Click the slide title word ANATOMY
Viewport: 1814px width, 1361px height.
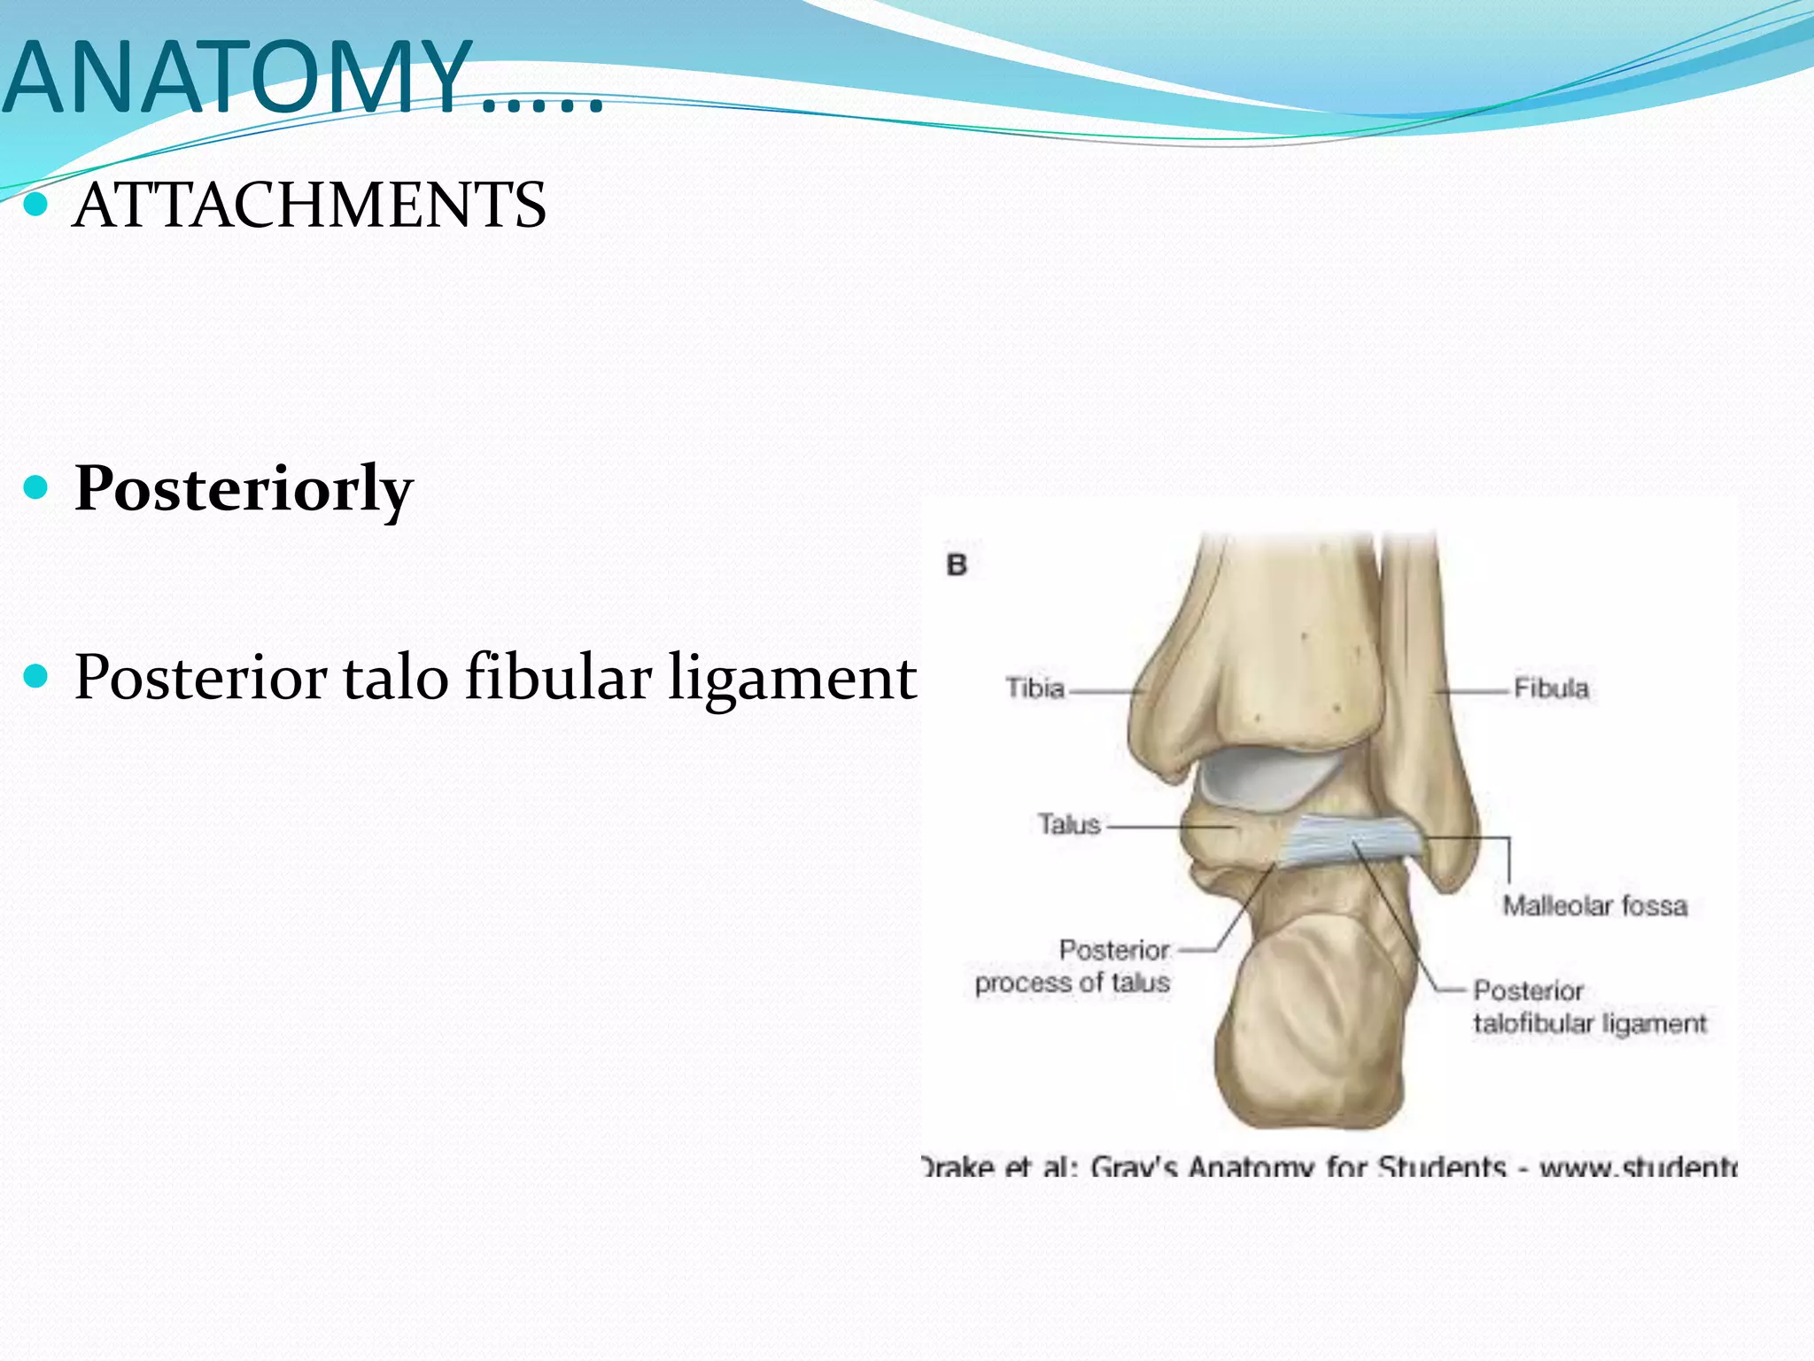(237, 78)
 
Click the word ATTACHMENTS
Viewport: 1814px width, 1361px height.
(309, 206)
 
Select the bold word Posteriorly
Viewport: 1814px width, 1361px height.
(244, 489)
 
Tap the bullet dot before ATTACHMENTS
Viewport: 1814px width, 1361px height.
(36, 206)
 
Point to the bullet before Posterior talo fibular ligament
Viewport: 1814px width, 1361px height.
(36, 678)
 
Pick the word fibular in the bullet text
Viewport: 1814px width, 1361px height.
(558, 678)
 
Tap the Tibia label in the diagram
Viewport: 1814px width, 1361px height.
(1035, 688)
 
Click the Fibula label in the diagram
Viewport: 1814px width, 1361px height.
(1551, 688)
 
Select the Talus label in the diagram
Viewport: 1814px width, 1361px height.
(1069, 825)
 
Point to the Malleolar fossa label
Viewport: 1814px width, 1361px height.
(1594, 906)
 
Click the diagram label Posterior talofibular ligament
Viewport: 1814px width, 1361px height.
(1589, 1007)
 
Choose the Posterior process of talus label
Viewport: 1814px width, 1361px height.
(1073, 967)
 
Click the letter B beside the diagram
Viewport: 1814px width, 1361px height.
(957, 565)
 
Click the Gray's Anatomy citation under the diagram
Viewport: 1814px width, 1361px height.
(1329, 1167)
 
